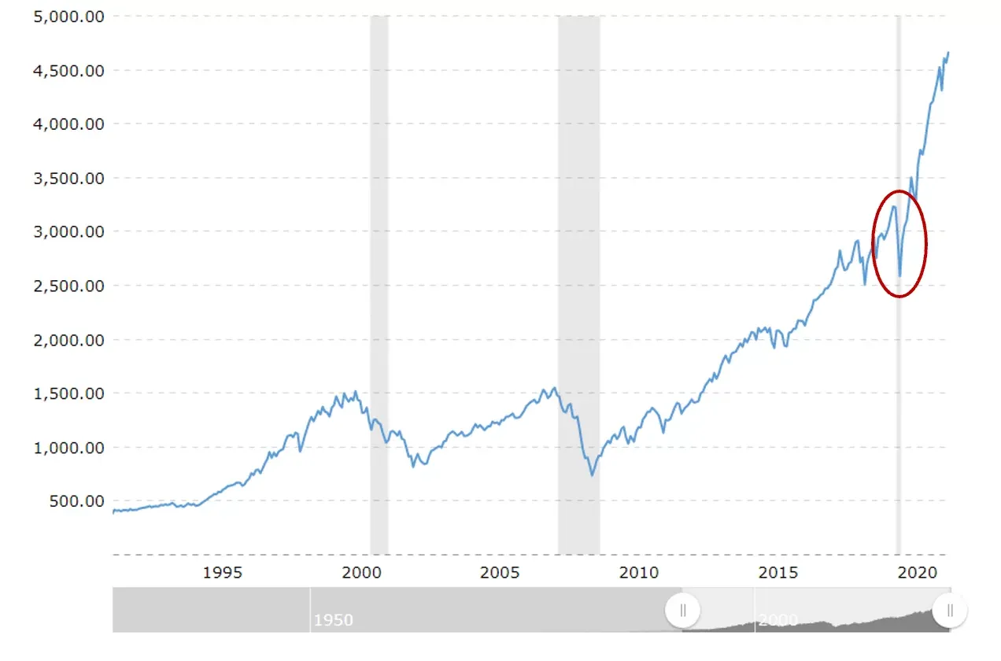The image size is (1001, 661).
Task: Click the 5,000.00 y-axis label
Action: (69, 17)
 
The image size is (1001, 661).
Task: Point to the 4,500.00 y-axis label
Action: (69, 71)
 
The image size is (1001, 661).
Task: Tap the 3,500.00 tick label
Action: (69, 178)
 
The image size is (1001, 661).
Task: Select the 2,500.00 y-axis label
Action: (69, 286)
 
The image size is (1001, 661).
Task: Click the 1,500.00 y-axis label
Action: (69, 393)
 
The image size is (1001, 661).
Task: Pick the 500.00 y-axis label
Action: (77, 500)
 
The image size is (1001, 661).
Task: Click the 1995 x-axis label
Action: (223, 572)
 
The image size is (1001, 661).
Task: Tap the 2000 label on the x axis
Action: (363, 572)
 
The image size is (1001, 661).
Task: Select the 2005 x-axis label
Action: (500, 572)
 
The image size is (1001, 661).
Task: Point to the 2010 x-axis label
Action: (639, 572)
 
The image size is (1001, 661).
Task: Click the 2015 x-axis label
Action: (778, 572)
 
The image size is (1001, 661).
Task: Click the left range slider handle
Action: (683, 610)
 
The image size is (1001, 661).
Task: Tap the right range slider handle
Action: (950, 610)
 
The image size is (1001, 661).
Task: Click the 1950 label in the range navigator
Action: (334, 620)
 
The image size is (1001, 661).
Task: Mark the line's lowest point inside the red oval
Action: (900, 276)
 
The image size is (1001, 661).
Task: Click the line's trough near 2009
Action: (592, 475)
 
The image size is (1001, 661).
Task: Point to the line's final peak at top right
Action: (948, 53)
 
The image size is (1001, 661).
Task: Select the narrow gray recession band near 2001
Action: (379, 283)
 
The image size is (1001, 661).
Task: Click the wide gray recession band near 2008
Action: (578, 283)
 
